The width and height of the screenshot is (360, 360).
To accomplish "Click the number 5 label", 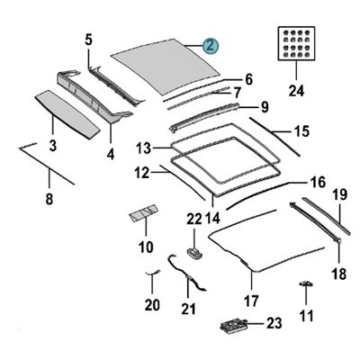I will (88, 39).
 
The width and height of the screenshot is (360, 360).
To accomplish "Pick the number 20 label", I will (152, 304).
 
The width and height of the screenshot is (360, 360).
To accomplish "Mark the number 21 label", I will (186, 310).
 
